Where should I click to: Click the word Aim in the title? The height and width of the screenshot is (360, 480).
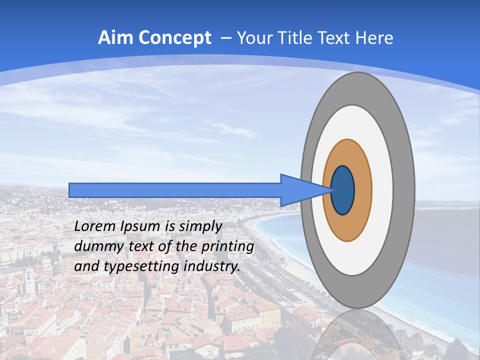[x=114, y=38]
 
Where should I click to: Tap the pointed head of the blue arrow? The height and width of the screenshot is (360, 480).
[x=300, y=190]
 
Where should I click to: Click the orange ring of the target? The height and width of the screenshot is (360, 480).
[x=362, y=190]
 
